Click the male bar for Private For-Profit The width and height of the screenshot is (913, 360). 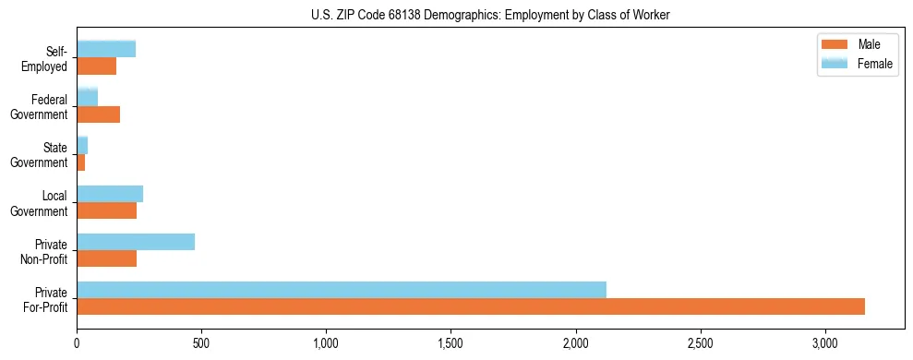pyautogui.click(x=471, y=306)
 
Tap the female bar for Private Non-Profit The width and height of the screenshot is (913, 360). pyautogui.click(x=136, y=242)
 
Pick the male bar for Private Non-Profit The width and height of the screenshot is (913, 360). pyautogui.click(x=107, y=258)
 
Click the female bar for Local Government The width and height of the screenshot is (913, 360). pyautogui.click(x=110, y=194)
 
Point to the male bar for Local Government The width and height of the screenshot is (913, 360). pyautogui.click(x=107, y=210)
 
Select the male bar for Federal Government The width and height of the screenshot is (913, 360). pyautogui.click(x=99, y=114)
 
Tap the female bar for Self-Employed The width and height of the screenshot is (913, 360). pyautogui.click(x=106, y=49)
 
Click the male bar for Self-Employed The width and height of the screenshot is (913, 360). pyautogui.click(x=97, y=66)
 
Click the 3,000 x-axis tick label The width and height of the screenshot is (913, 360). pyautogui.click(x=825, y=344)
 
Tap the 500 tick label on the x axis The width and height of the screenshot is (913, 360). pyautogui.click(x=201, y=344)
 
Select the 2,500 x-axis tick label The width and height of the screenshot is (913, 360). pyautogui.click(x=701, y=344)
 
